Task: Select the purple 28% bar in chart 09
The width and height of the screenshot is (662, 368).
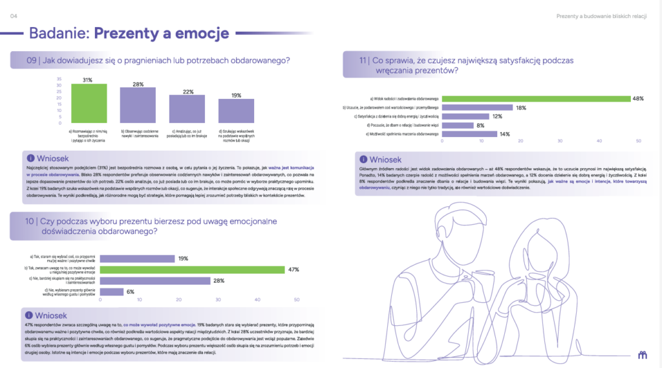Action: pos(137,105)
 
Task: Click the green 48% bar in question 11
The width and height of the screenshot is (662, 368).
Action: pos(536,98)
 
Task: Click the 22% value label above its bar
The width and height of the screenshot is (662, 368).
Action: pos(188,92)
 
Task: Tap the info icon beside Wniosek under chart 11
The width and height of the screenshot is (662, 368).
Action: pos(364,160)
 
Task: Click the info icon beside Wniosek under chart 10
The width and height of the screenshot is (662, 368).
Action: pos(30,315)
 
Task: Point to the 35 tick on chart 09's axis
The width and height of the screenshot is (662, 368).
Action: pos(59,79)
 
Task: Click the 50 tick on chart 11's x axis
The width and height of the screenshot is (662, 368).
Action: pos(639,141)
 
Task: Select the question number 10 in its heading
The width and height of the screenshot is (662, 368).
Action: pos(31,222)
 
